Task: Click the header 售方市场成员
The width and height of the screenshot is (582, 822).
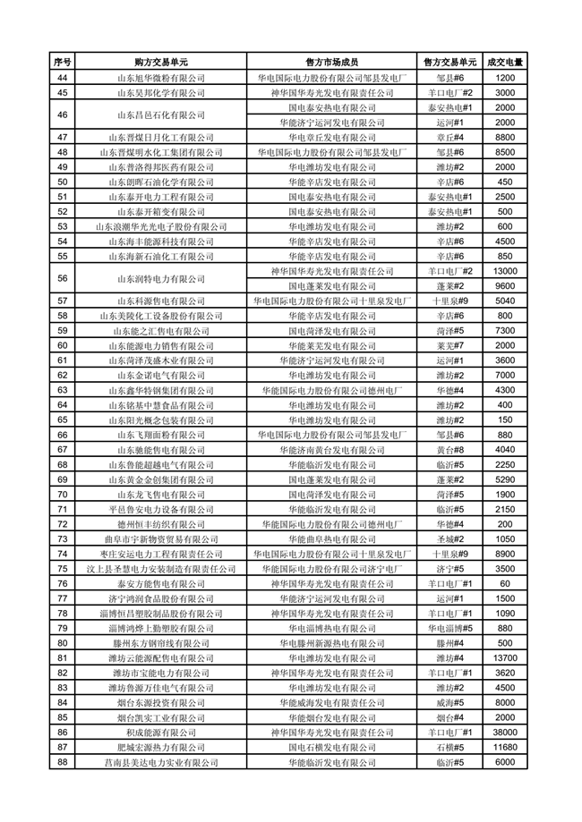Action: (x=331, y=63)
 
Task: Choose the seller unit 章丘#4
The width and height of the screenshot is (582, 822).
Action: (x=449, y=137)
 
